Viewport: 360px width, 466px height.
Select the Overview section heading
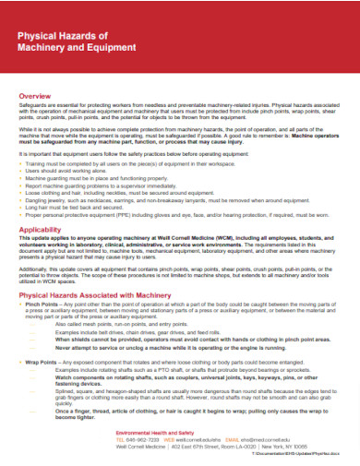click(x=34, y=95)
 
